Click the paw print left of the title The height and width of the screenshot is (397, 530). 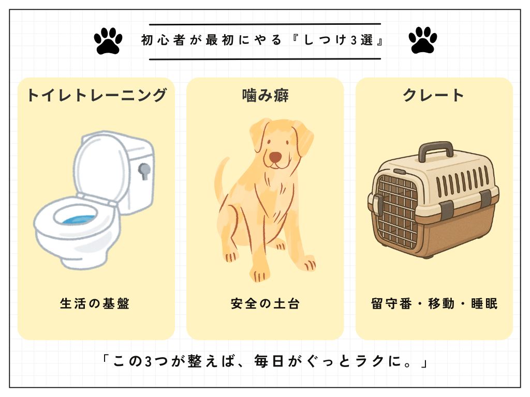click(x=108, y=40)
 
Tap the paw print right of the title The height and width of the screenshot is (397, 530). click(x=423, y=40)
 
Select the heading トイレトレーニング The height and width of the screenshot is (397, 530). click(x=97, y=95)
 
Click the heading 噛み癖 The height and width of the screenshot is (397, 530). click(x=266, y=95)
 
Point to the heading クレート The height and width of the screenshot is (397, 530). click(x=433, y=95)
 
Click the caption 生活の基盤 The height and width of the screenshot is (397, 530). click(x=95, y=303)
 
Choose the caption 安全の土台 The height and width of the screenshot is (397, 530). click(x=266, y=303)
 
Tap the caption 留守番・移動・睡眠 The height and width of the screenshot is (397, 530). click(x=434, y=303)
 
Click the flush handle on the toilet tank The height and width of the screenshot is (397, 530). click(x=144, y=171)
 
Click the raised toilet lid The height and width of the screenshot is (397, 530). click(x=101, y=167)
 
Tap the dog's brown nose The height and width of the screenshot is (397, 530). click(x=275, y=156)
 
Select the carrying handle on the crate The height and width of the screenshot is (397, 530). click(x=436, y=151)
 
